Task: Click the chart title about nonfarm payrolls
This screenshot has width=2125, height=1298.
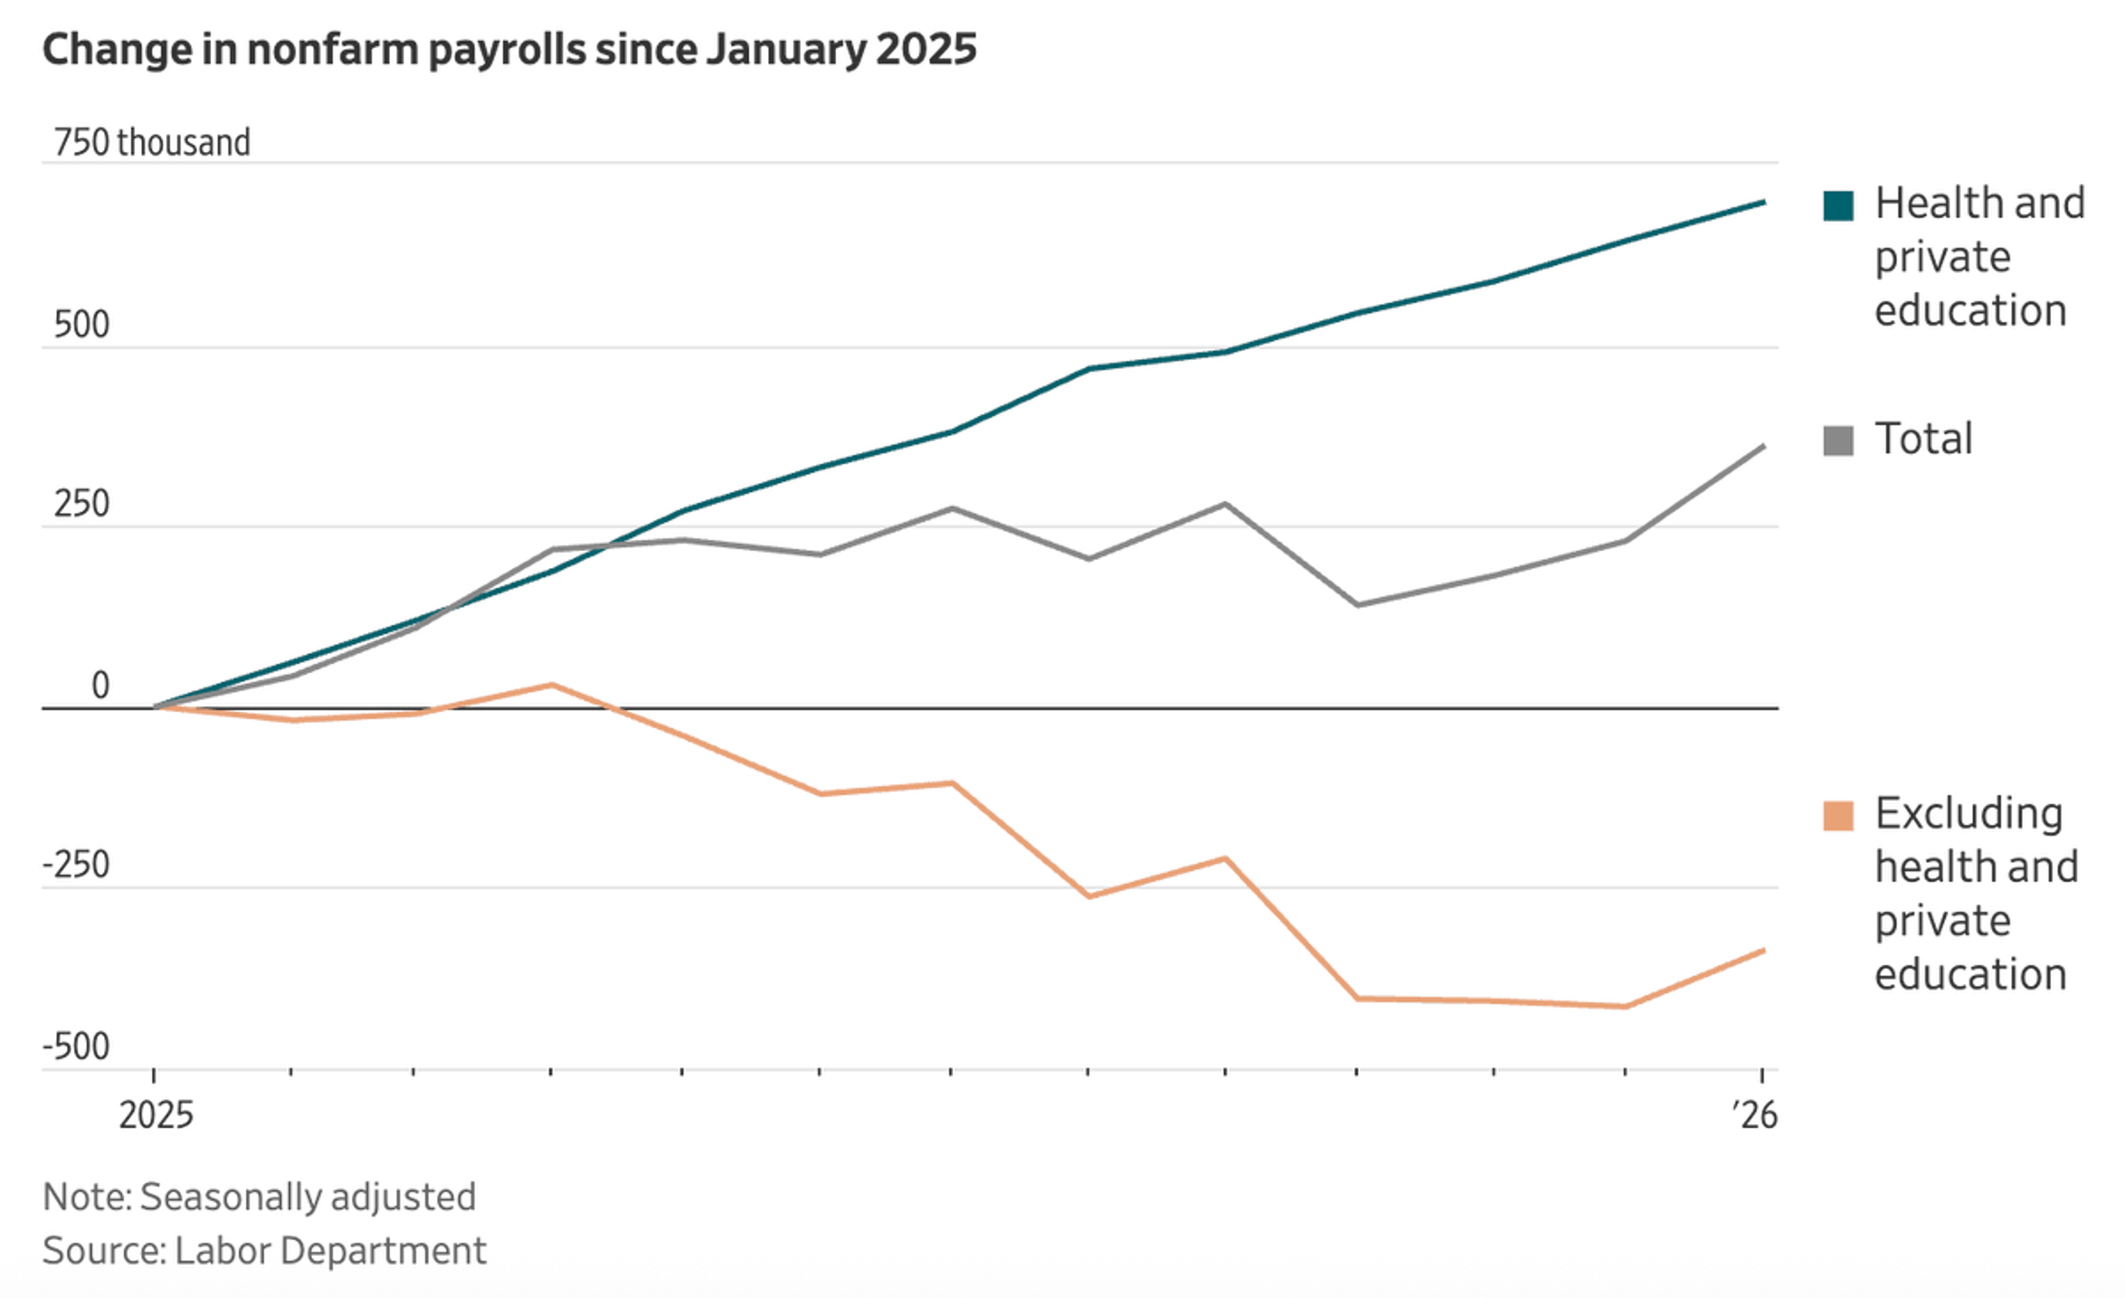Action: [x=509, y=49]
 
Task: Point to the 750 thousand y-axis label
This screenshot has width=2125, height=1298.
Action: [x=152, y=142]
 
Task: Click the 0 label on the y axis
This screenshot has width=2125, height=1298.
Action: [x=100, y=686]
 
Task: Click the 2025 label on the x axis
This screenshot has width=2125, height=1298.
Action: [x=156, y=1115]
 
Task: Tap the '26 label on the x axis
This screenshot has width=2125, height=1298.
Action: [x=1754, y=1115]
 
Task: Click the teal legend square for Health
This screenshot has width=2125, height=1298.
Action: [x=1838, y=206]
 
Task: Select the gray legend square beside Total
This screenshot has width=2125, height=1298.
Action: [x=1838, y=441]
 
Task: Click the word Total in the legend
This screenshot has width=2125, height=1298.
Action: [x=1923, y=439]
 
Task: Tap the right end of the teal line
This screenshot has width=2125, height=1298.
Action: [x=1763, y=203]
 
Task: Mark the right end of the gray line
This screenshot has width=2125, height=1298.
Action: [x=1763, y=447]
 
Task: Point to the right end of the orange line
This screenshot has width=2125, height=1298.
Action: [x=1763, y=950]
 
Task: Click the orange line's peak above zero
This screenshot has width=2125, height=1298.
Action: [x=552, y=685]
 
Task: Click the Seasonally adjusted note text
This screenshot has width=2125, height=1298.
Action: [x=307, y=1197]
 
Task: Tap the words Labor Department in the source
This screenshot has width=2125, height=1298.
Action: [x=330, y=1250]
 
